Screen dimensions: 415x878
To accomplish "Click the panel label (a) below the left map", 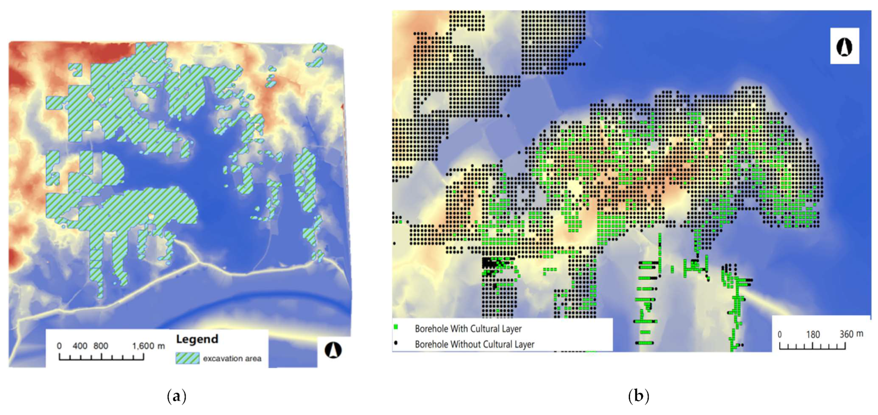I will (177, 396).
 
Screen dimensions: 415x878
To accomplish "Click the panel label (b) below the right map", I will (638, 396).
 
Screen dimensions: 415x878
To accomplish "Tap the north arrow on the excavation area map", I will (333, 350).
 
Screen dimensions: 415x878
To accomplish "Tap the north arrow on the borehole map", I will (844, 46).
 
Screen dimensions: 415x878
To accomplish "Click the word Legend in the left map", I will (197, 339).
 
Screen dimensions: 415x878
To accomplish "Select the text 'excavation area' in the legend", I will (232, 358).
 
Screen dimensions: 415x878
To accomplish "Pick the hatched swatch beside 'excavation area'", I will (187, 358).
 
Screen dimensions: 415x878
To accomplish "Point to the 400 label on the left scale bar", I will (79, 346).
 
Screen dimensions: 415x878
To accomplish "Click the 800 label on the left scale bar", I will (101, 346).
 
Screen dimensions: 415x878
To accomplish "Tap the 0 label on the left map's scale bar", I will (59, 346).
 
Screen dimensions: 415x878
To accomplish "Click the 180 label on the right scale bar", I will (813, 335).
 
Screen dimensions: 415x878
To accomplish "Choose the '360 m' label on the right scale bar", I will (851, 334).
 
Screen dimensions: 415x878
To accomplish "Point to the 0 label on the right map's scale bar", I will (780, 335).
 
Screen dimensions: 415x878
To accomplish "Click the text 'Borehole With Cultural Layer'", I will (468, 329).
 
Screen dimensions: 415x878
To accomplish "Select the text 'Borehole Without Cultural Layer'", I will (474, 344).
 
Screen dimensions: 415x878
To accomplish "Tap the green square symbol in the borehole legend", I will (396, 327).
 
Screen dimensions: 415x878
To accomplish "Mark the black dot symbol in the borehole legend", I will (396, 343).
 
